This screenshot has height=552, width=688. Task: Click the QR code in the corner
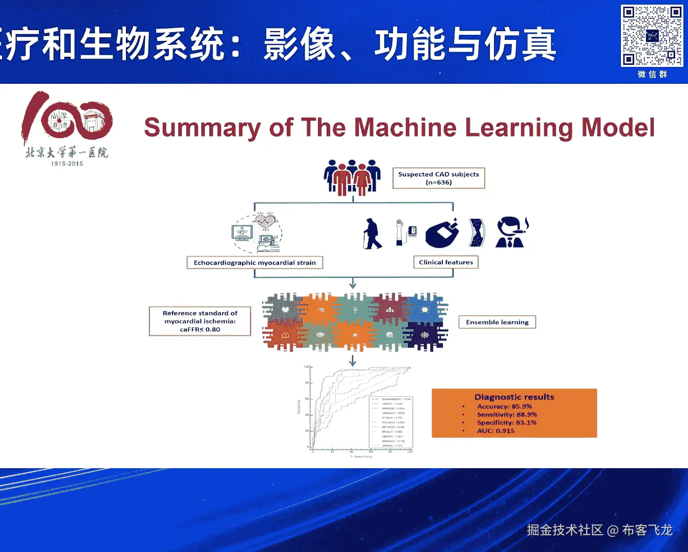(x=652, y=35)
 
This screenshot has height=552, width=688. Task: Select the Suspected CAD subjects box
(x=439, y=178)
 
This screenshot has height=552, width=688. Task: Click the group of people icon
(x=352, y=177)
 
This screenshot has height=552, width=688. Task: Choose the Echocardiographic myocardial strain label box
(x=254, y=263)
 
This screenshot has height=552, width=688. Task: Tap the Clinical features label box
(x=446, y=262)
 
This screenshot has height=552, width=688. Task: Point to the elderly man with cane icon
(x=372, y=234)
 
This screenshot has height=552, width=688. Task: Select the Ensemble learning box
(x=497, y=322)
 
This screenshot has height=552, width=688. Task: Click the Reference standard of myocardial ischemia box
(x=200, y=321)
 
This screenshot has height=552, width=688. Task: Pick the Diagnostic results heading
(x=514, y=397)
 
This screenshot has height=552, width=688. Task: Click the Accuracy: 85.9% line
(x=504, y=406)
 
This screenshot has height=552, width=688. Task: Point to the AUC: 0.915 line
(x=496, y=431)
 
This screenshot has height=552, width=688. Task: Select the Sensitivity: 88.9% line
(x=507, y=415)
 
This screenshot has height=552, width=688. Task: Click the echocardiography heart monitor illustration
(x=256, y=233)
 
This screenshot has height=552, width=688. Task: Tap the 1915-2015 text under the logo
(x=67, y=164)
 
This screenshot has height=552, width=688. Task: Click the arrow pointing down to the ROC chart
(x=353, y=361)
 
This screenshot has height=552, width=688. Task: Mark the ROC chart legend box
(x=391, y=422)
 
